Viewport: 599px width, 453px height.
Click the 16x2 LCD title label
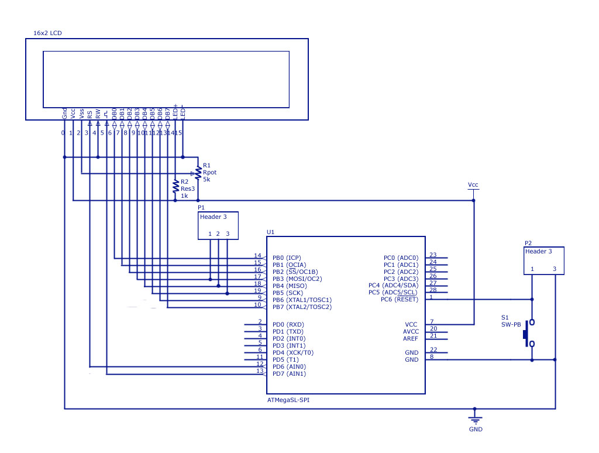tap(48, 33)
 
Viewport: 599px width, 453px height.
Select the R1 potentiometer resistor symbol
tap(198, 172)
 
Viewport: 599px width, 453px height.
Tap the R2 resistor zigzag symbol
tap(175, 187)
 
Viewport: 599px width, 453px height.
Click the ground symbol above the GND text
tap(476, 418)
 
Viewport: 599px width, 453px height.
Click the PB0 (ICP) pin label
tap(286, 258)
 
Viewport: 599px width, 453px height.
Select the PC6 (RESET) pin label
tap(401, 300)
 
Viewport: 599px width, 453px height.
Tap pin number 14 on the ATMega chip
tap(257, 255)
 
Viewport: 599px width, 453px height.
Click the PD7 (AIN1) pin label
tap(289, 373)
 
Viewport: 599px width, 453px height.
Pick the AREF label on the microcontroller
tap(411, 338)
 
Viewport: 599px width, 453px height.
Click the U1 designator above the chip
tap(270, 232)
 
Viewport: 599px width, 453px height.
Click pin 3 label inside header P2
tap(555, 269)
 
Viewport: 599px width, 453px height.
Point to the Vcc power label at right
tap(473, 185)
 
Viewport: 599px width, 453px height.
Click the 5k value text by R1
tap(206, 179)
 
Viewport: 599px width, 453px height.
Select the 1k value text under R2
tap(184, 195)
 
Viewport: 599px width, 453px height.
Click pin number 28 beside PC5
tap(433, 290)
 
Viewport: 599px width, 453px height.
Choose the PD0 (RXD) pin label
tap(288, 324)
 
